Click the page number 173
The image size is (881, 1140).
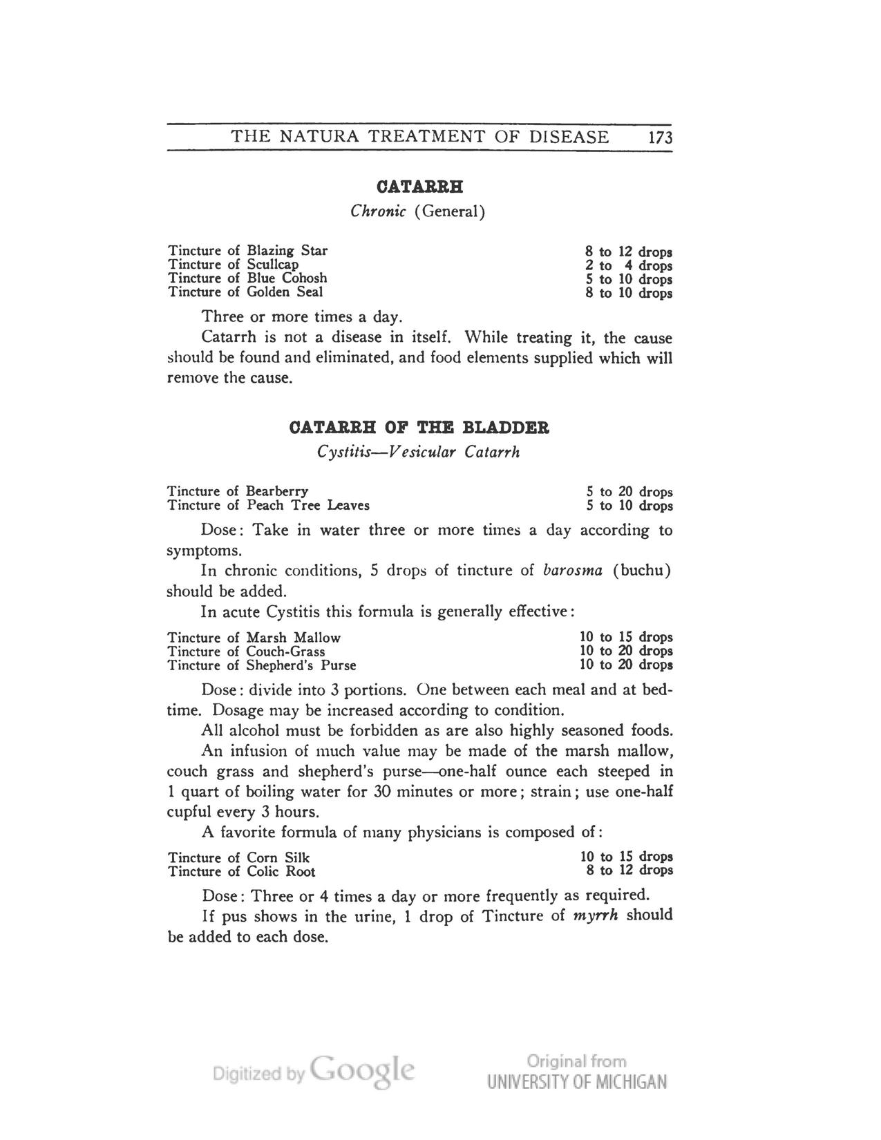tap(660, 137)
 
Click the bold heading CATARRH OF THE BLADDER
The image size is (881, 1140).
tap(419, 428)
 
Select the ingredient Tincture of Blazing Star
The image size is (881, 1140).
tap(247, 250)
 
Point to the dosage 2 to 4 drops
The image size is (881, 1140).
tap(628, 265)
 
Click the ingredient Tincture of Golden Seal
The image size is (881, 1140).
tap(245, 292)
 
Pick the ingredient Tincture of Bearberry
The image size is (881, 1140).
tap(238, 491)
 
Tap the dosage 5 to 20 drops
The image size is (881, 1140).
tap(628, 492)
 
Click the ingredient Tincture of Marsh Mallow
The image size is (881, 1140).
tap(254, 637)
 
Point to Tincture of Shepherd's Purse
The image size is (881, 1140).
tap(262, 665)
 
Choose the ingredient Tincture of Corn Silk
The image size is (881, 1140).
tap(238, 857)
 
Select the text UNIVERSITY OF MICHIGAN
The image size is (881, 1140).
tap(577, 1082)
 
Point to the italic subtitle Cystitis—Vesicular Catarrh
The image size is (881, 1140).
tap(418, 453)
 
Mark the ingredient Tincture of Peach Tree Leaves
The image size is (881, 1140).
tap(268, 505)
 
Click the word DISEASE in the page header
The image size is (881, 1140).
tap(569, 137)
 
